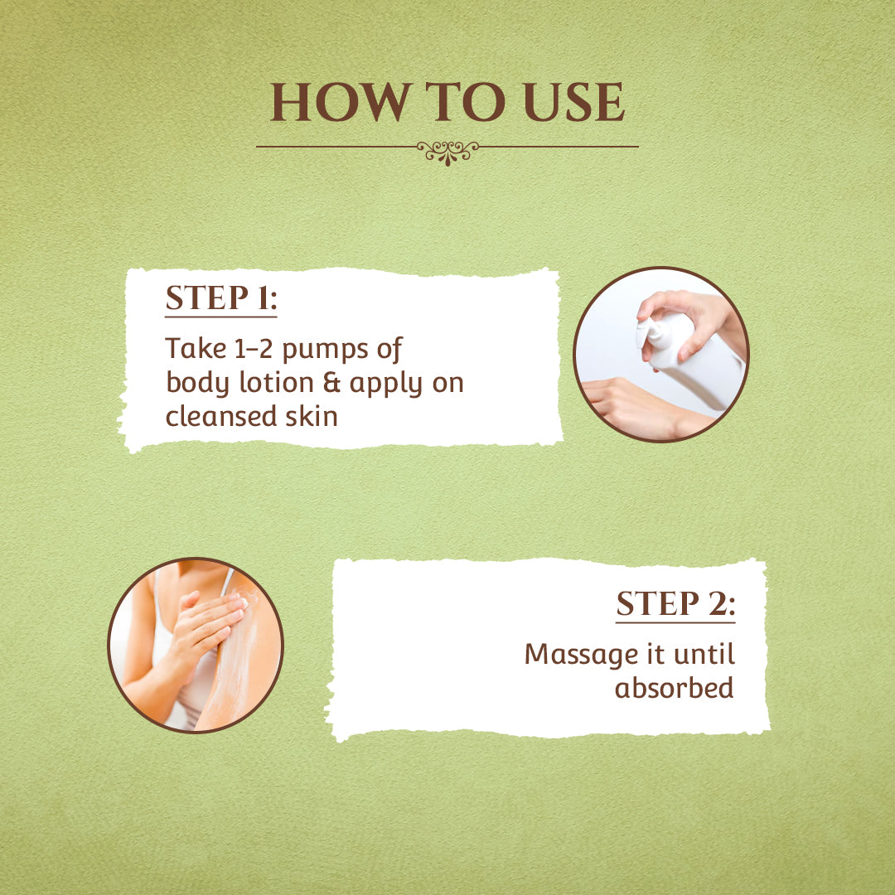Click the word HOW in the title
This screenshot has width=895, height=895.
pos(341,102)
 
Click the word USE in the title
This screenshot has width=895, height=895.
pos(574,102)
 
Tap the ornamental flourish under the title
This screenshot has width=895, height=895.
pos(447,152)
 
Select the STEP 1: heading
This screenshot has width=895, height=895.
pos(221,298)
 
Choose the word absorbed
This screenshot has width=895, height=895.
pos(674,687)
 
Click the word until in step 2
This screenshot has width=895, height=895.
pos(704,654)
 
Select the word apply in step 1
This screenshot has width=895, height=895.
pos(386,385)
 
